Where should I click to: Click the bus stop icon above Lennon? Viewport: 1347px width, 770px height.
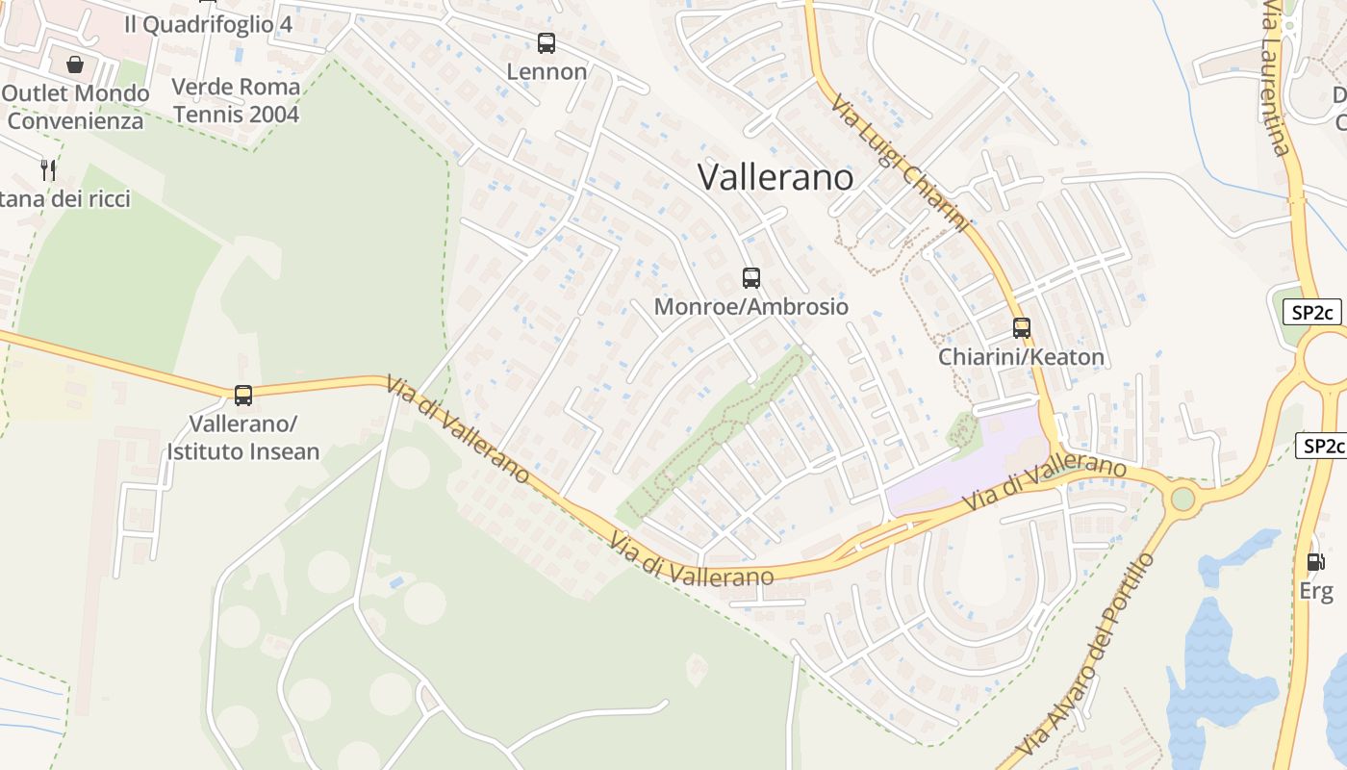coord(546,42)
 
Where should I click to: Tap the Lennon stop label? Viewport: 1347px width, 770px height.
coord(546,72)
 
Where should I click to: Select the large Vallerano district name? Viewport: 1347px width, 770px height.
coord(775,177)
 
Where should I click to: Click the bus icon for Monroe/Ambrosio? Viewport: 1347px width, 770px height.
coord(751,278)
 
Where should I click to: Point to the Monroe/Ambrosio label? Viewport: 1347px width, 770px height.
coord(751,307)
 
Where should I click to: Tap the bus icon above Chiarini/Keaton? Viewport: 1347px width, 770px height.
coord(1022,327)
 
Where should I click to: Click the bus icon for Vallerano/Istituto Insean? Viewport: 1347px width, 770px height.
coord(243,395)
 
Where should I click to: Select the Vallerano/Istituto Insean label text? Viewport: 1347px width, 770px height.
coord(243,437)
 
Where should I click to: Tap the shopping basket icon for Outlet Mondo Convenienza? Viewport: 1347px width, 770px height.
coord(75,64)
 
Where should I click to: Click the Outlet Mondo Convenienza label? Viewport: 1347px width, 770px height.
coord(76,107)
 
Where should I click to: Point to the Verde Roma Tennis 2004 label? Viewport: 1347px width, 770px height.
coord(236,100)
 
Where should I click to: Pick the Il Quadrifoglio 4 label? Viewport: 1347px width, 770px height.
coord(208,24)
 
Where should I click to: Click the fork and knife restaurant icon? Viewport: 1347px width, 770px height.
coord(48,170)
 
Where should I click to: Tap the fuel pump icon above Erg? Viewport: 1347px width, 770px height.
coord(1315,562)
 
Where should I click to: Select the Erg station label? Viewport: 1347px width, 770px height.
coord(1316,591)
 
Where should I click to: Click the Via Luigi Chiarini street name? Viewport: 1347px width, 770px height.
coord(899,164)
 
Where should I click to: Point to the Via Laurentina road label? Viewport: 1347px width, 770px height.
coord(1276,77)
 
